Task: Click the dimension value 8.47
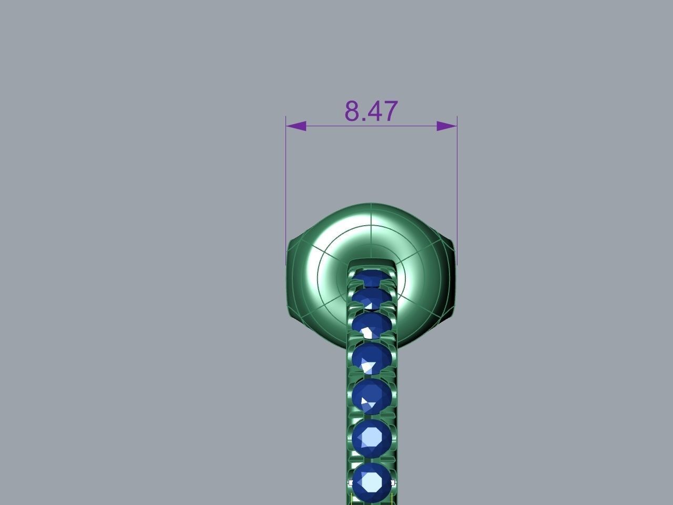(371, 111)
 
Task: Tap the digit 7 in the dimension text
(390, 111)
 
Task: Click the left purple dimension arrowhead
(296, 126)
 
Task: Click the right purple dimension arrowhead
(447, 126)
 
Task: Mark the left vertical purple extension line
(286, 189)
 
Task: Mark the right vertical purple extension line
(457, 189)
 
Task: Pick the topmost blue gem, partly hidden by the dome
(372, 277)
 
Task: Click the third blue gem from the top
(372, 326)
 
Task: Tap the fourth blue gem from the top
(372, 359)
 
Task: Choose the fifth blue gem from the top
(372, 396)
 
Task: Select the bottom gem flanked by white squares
(372, 481)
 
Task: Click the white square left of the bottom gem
(351, 482)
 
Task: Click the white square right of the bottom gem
(393, 482)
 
